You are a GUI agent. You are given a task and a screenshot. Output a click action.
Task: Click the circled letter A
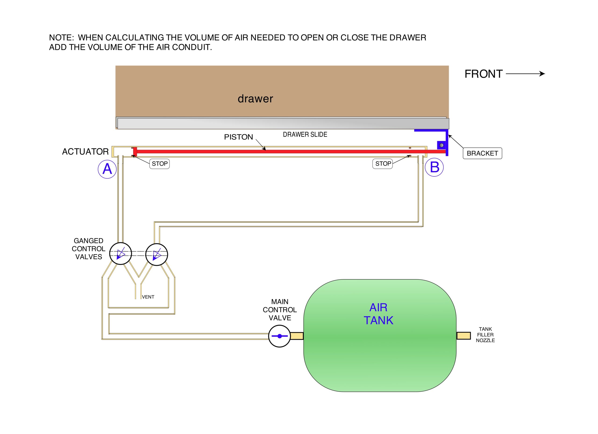[107, 169]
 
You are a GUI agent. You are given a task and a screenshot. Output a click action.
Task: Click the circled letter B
[434, 167]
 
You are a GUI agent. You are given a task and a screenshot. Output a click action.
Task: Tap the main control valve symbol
[279, 336]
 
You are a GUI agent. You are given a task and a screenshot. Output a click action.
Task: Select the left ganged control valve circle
[121, 254]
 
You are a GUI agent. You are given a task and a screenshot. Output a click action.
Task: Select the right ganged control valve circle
[157, 254]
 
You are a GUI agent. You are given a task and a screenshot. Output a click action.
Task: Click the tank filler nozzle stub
[463, 336]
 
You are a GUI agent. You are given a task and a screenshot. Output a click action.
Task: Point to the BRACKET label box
[482, 153]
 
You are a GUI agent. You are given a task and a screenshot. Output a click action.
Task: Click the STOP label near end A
[160, 164]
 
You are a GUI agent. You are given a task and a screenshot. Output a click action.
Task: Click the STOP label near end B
[383, 164]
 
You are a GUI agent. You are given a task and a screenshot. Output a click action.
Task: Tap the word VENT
[148, 297]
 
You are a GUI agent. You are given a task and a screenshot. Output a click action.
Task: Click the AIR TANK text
[378, 314]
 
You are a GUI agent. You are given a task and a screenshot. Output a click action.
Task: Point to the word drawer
[255, 99]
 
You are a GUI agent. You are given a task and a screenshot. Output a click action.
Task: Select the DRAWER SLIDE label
[305, 135]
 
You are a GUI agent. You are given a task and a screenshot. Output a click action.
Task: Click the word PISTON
[238, 137]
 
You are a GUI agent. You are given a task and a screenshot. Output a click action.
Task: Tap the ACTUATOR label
[85, 152]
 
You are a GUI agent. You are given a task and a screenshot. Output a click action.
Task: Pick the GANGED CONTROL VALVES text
[88, 249]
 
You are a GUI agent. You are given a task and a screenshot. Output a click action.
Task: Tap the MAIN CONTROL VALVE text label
[280, 310]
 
